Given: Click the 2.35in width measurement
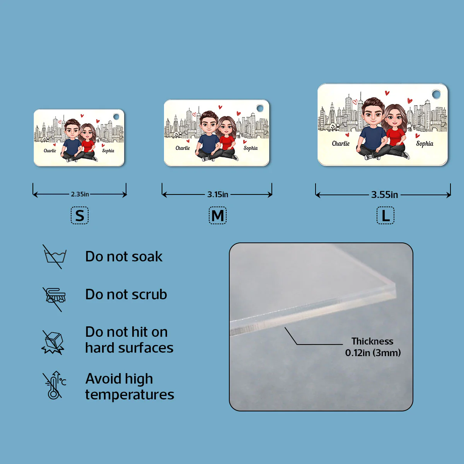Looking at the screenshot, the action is point(80,194).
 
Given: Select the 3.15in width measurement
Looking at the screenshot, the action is point(218,194).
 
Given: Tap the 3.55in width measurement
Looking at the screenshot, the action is point(384,194).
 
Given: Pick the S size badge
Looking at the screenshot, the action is point(80,215).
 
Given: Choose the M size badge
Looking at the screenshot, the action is point(218,215).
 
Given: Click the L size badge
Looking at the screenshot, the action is point(386,215).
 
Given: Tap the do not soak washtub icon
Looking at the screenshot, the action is point(55,257).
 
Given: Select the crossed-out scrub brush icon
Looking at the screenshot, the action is point(54,299).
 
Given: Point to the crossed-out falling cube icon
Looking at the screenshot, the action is point(53,342).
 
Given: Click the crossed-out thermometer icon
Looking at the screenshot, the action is point(55,385).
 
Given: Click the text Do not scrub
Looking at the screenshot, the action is point(126,294).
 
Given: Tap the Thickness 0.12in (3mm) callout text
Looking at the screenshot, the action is point(373,347).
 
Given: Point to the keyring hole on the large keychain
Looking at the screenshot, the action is point(436,94).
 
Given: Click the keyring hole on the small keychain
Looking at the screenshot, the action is point(116,117).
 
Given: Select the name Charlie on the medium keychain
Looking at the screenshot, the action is point(183,148).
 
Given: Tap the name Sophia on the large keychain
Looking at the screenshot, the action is point(425,144).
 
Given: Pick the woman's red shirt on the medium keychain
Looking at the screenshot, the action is point(227,143).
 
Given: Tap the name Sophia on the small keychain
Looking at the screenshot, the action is point(108,151).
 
